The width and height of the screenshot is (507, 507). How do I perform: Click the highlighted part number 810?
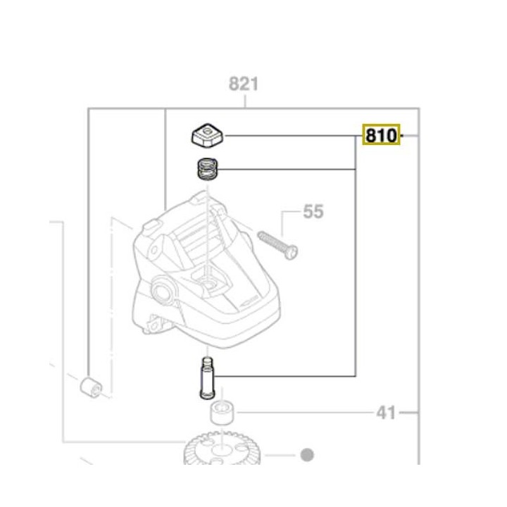click(381, 134)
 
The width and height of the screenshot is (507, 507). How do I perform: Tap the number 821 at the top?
click(244, 84)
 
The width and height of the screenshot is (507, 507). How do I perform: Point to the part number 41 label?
click(386, 412)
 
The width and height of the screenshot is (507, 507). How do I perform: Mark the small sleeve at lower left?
click(90, 387)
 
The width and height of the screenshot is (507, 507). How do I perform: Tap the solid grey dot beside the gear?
click(306, 454)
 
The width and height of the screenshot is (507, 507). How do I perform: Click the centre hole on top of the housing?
click(209, 282)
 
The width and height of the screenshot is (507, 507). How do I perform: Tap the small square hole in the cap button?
click(207, 130)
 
